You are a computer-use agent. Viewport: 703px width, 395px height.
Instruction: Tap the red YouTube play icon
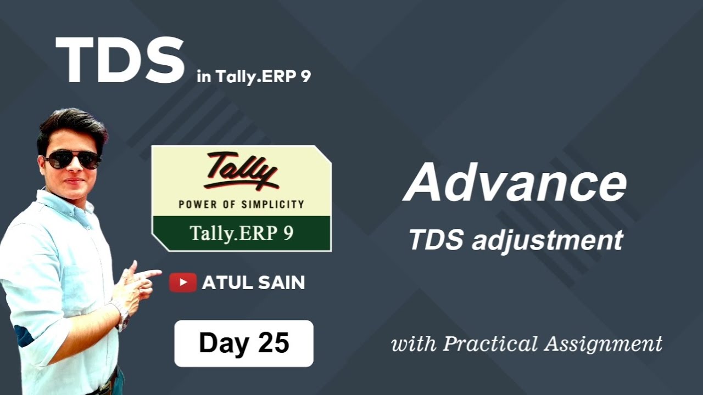(x=182, y=283)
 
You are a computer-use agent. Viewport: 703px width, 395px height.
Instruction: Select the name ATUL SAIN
(x=253, y=283)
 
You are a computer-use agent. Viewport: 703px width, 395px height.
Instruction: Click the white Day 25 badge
(x=244, y=343)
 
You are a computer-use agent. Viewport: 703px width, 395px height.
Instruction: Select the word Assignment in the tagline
(x=603, y=345)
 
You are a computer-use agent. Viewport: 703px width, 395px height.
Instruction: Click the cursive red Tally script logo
(x=242, y=170)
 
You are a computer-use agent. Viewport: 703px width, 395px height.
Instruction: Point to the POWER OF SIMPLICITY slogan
(x=241, y=205)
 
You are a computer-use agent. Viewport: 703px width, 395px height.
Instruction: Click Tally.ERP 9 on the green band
(x=241, y=233)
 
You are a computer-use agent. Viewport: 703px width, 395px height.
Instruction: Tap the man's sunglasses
(x=72, y=160)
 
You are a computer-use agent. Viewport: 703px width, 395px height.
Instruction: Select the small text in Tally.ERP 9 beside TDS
(x=254, y=77)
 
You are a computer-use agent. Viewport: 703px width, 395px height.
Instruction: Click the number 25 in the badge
(x=273, y=343)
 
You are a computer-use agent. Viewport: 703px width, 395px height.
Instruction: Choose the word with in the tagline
(x=413, y=344)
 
